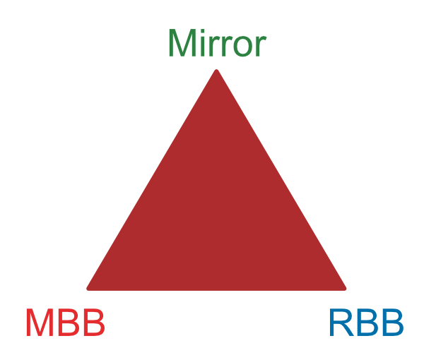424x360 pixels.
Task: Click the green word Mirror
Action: pos(218,42)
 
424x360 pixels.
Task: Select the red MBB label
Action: pos(66,323)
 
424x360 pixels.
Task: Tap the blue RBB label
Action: pos(367,323)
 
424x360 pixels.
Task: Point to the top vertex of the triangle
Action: pos(217,70)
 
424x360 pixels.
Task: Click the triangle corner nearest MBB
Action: pos(87,289)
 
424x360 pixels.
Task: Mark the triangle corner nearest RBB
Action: pos(346,289)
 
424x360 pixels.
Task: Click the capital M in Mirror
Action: pos(182,42)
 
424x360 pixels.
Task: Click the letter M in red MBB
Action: pos(40,323)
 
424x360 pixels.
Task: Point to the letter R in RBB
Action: pos(342,323)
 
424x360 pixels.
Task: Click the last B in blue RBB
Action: pos(393,323)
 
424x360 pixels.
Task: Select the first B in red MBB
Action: pos(69,323)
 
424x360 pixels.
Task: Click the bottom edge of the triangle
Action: pos(216,290)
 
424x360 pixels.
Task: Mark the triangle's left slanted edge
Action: pos(151,179)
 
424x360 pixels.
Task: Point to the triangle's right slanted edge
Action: pos(281,179)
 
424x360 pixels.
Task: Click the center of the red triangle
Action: pos(216,216)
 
